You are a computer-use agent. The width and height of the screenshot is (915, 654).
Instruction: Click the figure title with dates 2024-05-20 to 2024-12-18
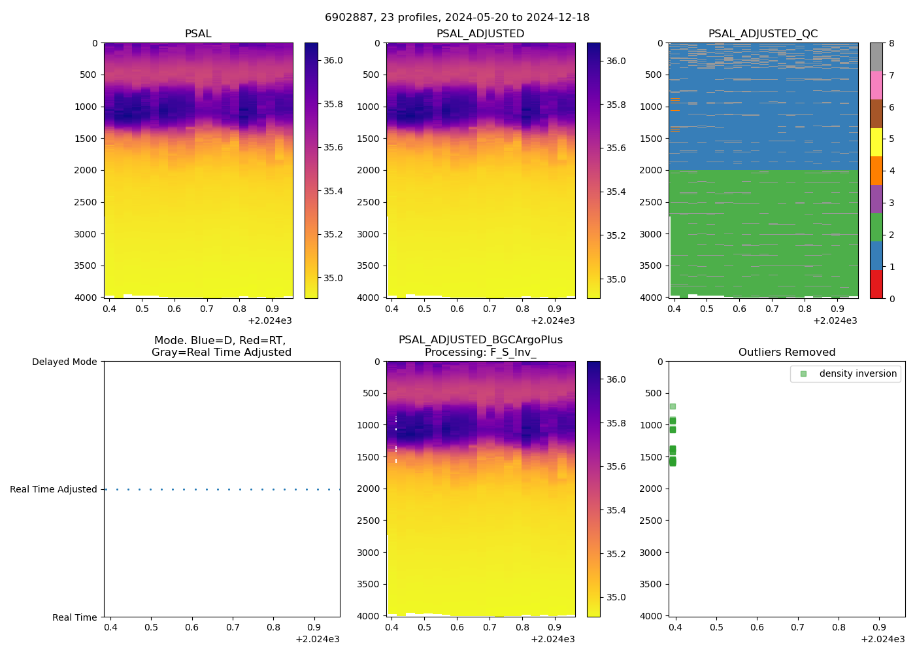coord(457,18)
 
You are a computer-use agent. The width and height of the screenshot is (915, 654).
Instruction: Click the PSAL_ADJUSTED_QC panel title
coord(763,34)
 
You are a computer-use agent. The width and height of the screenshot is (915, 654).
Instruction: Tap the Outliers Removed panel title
coord(786,353)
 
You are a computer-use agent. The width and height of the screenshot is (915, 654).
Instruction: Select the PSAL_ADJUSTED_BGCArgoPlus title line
coord(480,340)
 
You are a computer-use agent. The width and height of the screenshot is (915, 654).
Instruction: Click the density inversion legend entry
coord(857,373)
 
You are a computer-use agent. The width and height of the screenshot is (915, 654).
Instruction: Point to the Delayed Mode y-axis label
coord(64,362)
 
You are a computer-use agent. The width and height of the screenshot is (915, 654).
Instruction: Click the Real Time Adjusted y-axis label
coord(53,489)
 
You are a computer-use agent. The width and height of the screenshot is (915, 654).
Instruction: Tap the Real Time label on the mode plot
coord(75,617)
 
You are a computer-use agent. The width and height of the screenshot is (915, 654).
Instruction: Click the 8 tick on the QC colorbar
coord(891,43)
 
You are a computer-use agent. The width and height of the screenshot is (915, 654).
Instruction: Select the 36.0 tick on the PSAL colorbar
coord(333,60)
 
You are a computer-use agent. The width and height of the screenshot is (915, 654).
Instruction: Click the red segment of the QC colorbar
coord(876,284)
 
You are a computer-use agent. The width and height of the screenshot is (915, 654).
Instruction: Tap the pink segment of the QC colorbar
coord(876,85)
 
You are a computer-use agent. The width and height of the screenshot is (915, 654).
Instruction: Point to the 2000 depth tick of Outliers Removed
coord(654,489)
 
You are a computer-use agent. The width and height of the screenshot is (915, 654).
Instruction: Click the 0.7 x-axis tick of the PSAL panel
coord(207,309)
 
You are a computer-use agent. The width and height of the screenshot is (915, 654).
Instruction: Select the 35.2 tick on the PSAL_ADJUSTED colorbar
coord(616,235)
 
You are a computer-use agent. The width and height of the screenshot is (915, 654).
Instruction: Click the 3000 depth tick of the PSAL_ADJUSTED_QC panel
coord(654,234)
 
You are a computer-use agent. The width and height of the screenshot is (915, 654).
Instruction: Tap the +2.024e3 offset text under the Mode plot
coord(318,639)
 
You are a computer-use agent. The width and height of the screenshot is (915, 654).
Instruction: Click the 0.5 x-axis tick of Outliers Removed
coord(716,628)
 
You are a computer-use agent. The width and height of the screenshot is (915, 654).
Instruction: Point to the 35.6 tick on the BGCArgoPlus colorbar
coord(616,466)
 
